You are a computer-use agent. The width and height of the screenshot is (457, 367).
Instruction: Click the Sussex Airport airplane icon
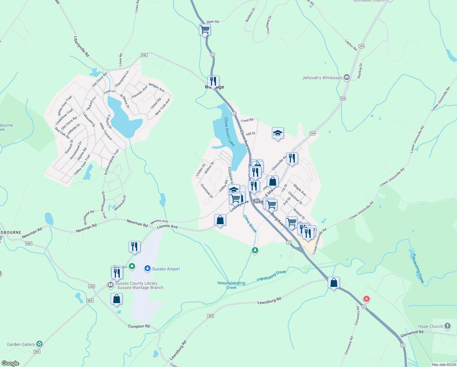pos(148,269)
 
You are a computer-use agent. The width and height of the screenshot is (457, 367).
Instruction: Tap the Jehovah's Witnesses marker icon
pos(346,77)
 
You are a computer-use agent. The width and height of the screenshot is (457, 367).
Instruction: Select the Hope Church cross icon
pos(448,326)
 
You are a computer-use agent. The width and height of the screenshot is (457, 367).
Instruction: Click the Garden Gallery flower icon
pos(39,344)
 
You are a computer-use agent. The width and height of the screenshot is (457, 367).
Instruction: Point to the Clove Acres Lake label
pos(229,132)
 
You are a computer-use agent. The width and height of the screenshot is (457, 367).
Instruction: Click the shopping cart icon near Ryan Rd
pos(205,30)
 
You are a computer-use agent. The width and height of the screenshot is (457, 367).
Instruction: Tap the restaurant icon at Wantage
pos(213,81)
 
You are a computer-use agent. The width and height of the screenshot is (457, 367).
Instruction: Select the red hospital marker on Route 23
pos(366,299)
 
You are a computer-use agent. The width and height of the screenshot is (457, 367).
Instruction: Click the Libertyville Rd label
pos(82,46)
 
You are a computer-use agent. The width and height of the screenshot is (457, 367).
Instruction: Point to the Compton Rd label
pos(139,326)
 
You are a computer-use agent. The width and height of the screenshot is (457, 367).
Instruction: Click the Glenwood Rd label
pos(412,334)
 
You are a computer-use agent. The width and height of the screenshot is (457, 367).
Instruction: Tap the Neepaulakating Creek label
pos(231,285)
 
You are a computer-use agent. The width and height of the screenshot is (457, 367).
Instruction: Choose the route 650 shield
pos(144,55)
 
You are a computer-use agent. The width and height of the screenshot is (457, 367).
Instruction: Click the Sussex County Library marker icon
pos(110,285)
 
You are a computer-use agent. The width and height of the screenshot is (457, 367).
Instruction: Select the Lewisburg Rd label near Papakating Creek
pos(269,301)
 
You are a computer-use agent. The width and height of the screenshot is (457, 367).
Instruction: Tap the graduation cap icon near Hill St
pos(278,133)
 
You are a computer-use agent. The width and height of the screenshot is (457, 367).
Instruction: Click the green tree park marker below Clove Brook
pos(255,250)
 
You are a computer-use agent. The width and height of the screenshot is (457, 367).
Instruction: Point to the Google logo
pos(10,363)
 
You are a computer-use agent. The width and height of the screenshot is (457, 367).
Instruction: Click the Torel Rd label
pos(247,120)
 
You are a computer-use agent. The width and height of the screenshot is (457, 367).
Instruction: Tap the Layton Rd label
pos(351,45)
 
